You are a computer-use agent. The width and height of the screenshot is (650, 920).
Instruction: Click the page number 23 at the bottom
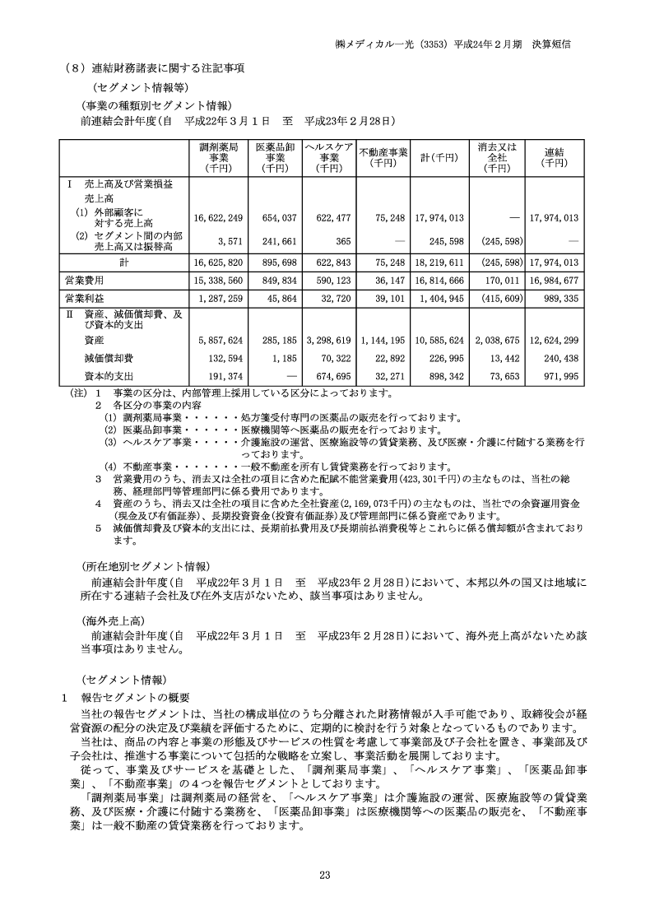point(325,875)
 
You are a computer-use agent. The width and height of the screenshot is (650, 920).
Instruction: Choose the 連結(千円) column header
point(554,156)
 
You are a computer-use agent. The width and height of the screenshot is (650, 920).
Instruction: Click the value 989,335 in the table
point(559,297)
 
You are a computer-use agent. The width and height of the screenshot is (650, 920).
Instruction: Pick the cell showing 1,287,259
point(220,297)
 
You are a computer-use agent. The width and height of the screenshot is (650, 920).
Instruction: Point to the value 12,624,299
point(553,339)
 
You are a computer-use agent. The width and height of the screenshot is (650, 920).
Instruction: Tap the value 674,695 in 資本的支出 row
point(333,376)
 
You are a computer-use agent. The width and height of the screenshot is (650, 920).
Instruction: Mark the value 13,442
point(502,357)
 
